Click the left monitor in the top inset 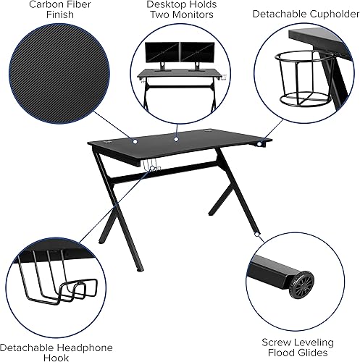pyautogui.click(x=162, y=54)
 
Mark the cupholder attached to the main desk pyautogui.click(x=259, y=147)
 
